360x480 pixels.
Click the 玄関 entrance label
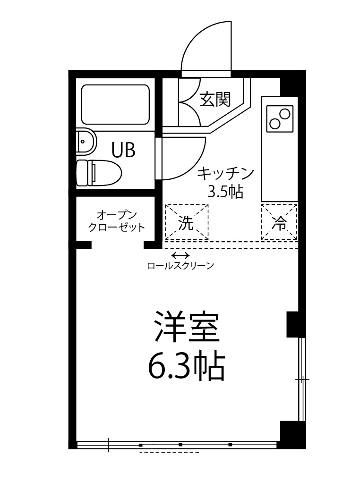pos(214,100)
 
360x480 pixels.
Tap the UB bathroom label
pos(123,150)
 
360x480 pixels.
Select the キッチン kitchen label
pos(225,173)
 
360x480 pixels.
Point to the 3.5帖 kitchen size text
pos(225,191)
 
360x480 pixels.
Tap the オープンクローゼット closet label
pos(117,220)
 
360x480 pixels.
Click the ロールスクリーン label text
pos(180,266)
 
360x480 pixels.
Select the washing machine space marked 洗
pos(186,222)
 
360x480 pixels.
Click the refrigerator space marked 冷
pos(280,222)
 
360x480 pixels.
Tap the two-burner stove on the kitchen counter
pos(279,118)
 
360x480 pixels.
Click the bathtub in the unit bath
pos(115,104)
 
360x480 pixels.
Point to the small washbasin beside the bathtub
pos(86,141)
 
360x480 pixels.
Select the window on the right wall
pos(301,379)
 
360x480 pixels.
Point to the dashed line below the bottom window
pos(170,453)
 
